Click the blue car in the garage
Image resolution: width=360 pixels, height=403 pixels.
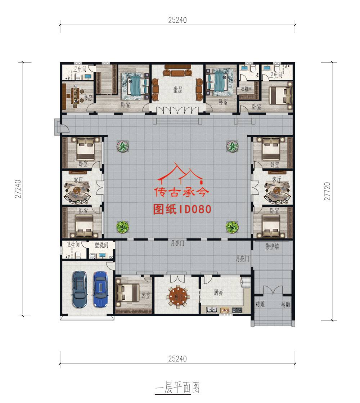(x=101, y=289)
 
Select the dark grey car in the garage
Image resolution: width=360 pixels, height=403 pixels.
(x=79, y=289)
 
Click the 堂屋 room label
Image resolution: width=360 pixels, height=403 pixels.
(x=178, y=90)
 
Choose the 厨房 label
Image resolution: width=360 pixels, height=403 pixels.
(x=219, y=292)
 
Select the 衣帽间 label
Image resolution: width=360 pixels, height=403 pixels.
(x=246, y=89)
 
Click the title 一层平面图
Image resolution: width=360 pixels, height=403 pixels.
(x=177, y=388)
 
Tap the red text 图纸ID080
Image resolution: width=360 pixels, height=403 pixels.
(x=182, y=209)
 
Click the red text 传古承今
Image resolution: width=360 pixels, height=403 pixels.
(x=181, y=192)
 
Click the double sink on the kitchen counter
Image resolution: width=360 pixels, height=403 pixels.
(x=211, y=309)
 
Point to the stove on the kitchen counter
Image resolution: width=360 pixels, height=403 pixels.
(x=236, y=309)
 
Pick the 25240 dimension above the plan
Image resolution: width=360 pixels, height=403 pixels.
(x=177, y=20)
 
